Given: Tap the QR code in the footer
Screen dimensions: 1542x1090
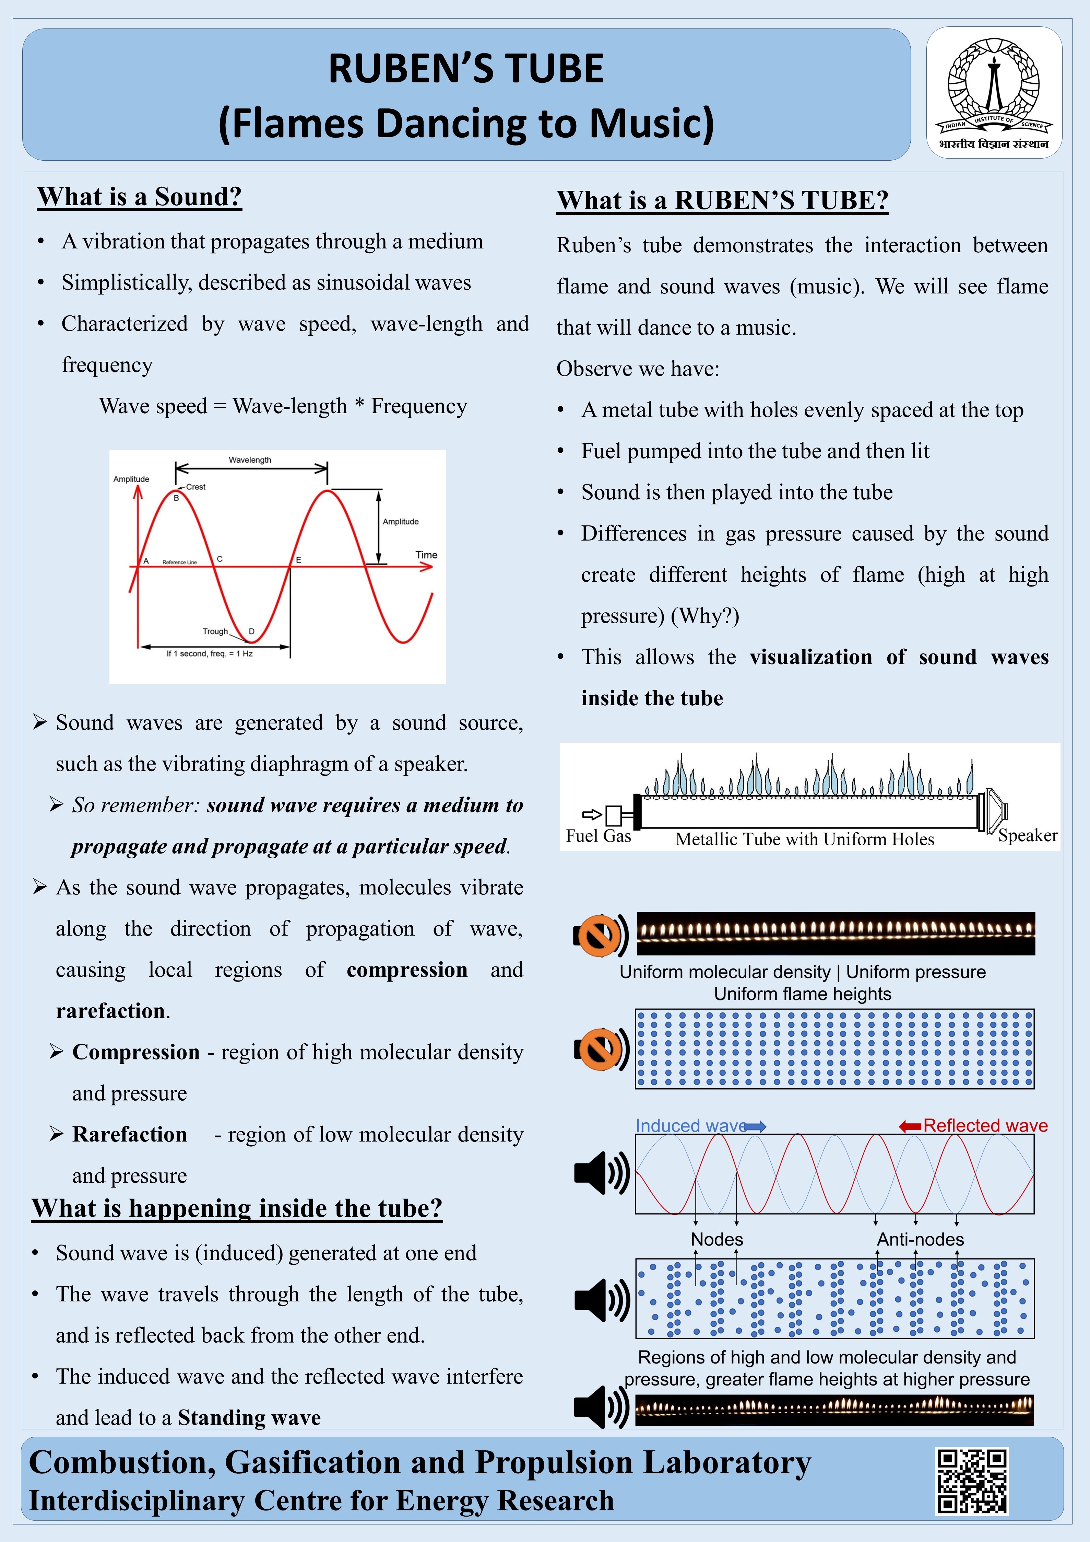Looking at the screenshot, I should [972, 1481].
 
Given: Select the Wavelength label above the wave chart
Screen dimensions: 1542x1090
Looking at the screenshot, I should [250, 460].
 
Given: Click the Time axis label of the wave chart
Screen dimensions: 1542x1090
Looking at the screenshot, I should [426, 555].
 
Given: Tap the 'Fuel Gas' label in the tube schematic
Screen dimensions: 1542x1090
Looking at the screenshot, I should [598, 836].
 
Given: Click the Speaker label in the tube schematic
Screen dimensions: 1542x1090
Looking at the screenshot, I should [1027, 835].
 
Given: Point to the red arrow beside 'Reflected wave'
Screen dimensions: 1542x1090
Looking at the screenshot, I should [910, 1126].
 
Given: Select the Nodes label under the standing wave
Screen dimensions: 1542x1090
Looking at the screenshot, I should [717, 1239].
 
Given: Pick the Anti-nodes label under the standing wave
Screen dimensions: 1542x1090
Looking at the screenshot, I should [920, 1239].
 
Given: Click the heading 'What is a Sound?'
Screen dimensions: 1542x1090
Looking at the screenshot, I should [140, 197].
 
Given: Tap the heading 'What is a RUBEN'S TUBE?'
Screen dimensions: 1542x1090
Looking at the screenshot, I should [722, 200].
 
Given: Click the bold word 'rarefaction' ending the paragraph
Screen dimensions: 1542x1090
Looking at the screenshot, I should [111, 1011].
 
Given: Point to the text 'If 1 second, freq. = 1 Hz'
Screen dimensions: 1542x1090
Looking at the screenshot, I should [210, 653].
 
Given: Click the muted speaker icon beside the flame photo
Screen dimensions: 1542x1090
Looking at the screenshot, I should [600, 934].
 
